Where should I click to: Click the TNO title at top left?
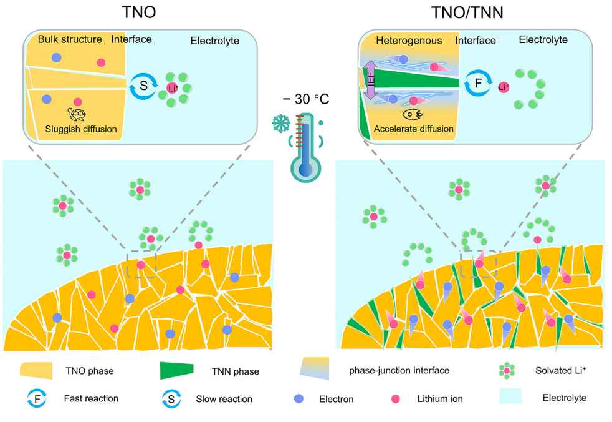pyautogui.click(x=139, y=12)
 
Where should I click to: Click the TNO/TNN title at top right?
pyautogui.click(x=467, y=12)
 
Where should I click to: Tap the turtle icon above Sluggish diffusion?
pyautogui.click(x=77, y=115)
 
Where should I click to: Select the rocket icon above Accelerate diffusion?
pyautogui.click(x=413, y=115)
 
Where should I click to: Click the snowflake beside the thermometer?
pyautogui.click(x=280, y=123)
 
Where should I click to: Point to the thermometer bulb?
pyautogui.click(x=305, y=169)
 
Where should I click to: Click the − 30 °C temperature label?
pyautogui.click(x=306, y=99)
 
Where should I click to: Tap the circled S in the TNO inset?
pyautogui.click(x=143, y=86)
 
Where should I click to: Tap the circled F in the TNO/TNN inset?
pyautogui.click(x=478, y=83)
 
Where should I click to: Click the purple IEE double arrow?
pyautogui.click(x=370, y=80)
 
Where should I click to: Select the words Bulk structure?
pyautogui.click(x=70, y=39)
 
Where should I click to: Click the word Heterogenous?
pyautogui.click(x=409, y=41)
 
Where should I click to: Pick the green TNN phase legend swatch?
pyautogui.click(x=177, y=370)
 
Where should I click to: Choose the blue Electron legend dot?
pyautogui.click(x=299, y=398)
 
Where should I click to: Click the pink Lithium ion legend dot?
pyautogui.click(x=396, y=398)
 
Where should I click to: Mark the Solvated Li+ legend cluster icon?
pyautogui.click(x=507, y=370)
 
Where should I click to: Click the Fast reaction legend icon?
pyautogui.click(x=37, y=399)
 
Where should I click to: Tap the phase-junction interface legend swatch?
pyautogui.click(x=315, y=368)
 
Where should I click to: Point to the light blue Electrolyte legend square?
pyautogui.click(x=510, y=395)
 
